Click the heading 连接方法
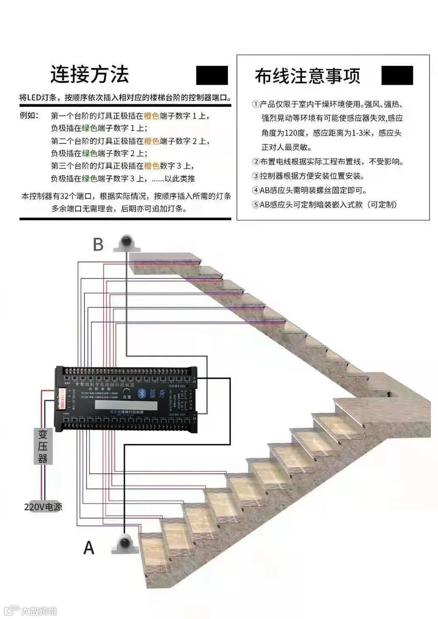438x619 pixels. click(90, 75)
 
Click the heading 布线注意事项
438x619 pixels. click(307, 76)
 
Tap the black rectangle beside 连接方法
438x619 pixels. click(212, 76)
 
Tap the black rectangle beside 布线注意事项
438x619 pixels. click(397, 76)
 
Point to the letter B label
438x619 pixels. click(98, 245)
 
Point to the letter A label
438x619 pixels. click(89, 548)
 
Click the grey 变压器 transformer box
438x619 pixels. click(43, 446)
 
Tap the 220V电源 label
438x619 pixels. click(43, 507)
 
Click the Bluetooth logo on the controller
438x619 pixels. click(143, 394)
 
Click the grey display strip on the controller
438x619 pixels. click(126, 405)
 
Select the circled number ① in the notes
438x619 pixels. click(255, 104)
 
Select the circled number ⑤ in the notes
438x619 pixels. click(255, 205)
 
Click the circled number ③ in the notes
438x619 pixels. click(255, 176)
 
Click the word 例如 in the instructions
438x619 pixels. click(29, 115)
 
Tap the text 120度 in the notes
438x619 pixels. click(294, 133)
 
